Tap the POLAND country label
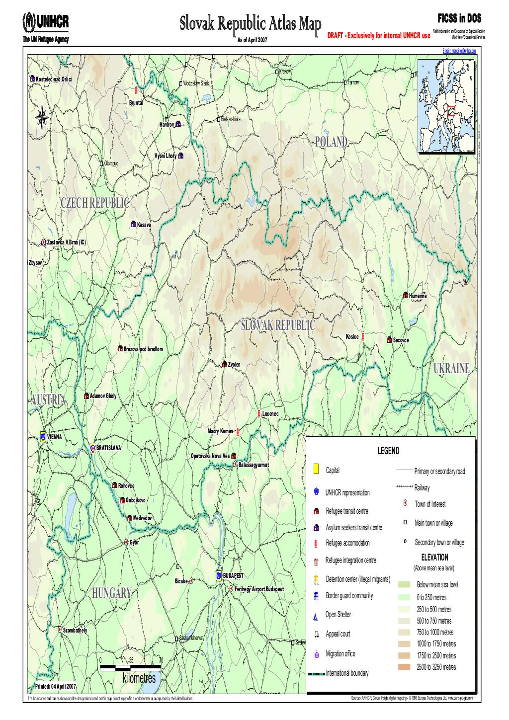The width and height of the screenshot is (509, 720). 331,142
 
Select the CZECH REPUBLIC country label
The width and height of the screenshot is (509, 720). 94,203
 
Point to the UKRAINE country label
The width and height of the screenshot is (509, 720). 451,368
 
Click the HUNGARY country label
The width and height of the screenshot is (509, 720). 111,593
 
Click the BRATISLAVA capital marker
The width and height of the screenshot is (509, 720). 92,448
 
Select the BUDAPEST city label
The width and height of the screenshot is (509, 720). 233,575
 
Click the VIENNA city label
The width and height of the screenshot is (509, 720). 55,437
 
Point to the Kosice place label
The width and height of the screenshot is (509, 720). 352,337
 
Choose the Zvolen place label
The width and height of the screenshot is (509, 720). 234,365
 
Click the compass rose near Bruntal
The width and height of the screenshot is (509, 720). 42,116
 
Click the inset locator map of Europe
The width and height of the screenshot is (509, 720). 447,108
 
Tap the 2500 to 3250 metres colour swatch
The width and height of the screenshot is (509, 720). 404,667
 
